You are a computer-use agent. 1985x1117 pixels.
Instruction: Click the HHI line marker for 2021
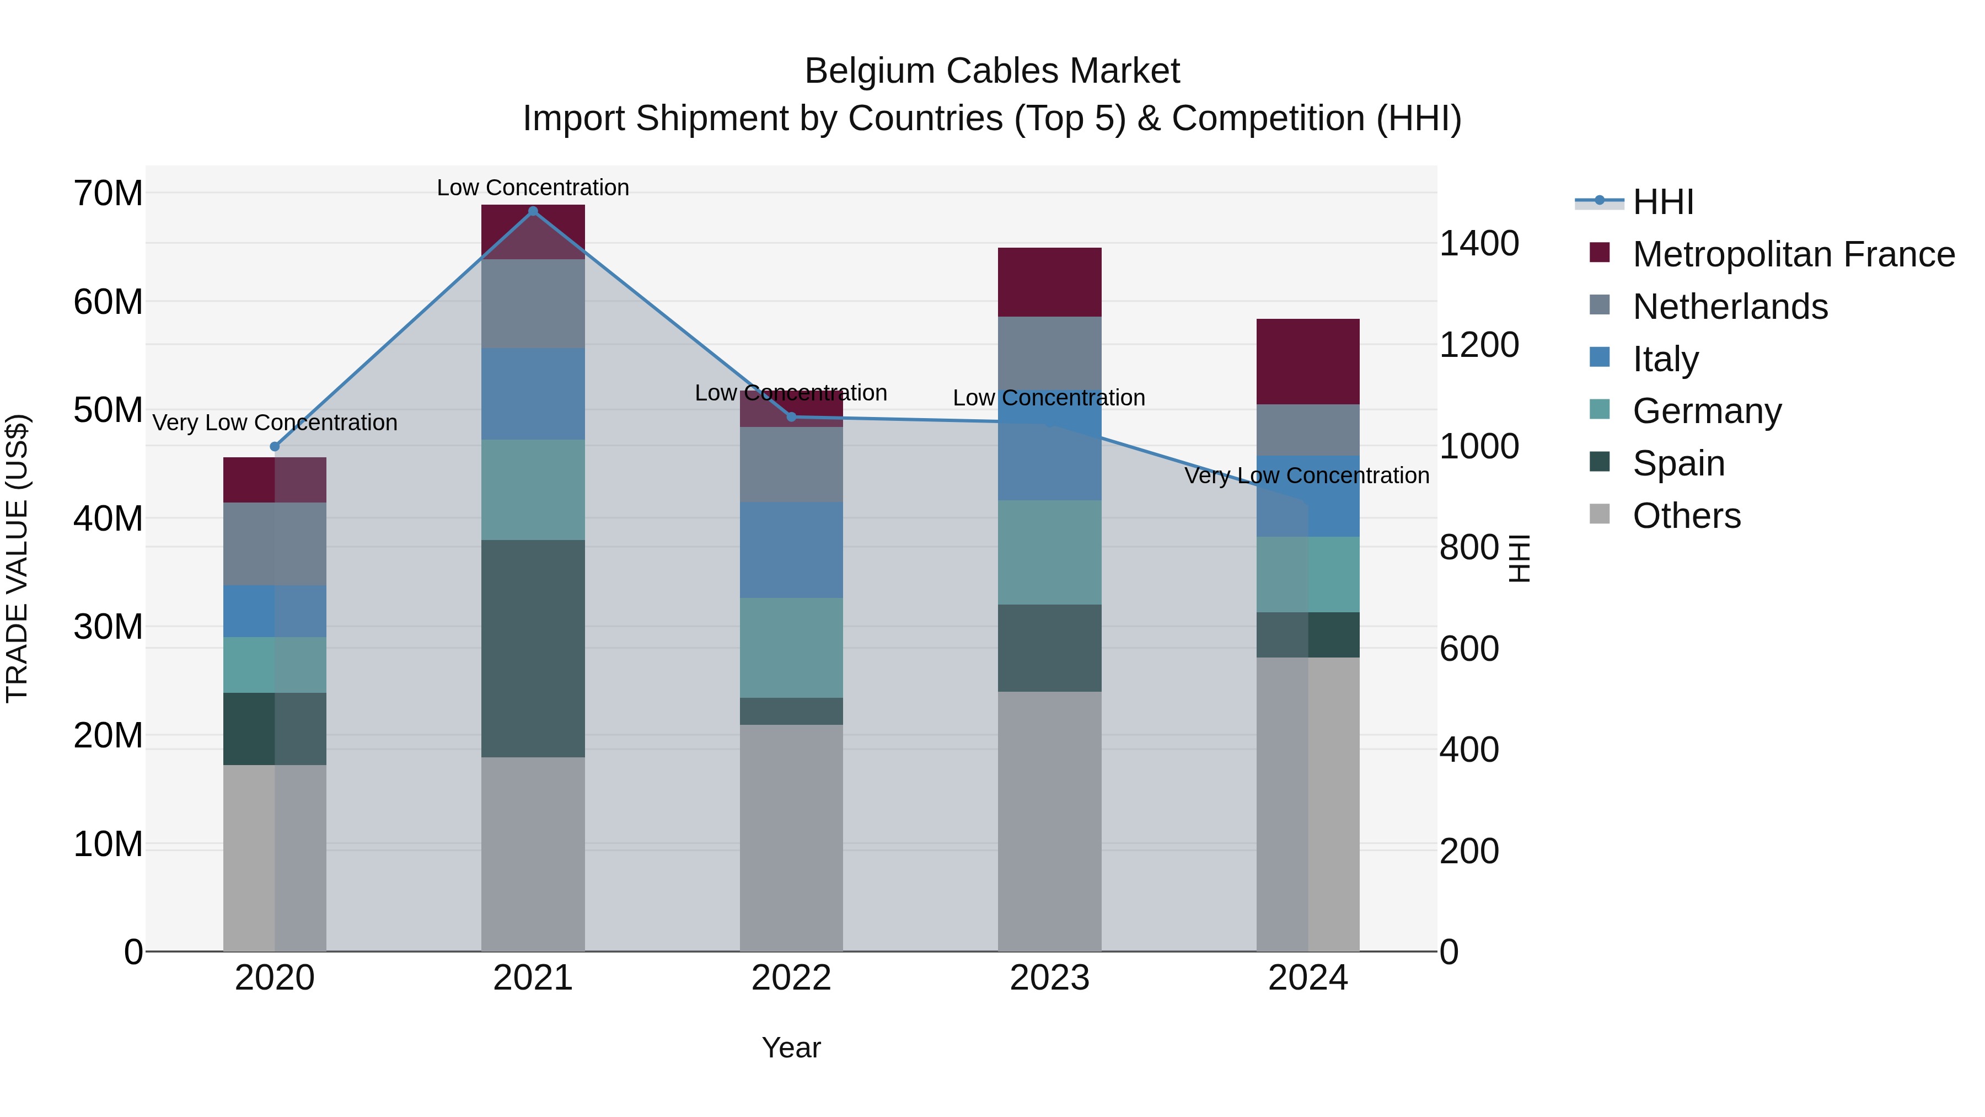533,211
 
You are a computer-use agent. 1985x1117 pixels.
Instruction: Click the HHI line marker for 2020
275,446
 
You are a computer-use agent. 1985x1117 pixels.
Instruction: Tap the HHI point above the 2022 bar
791,417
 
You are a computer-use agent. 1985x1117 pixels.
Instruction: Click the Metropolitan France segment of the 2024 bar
1308,361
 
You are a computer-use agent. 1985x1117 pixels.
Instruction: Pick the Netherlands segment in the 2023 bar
1049,355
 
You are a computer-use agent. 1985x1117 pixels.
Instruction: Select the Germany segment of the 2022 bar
791,648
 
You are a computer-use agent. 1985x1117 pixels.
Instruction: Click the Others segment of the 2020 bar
275,857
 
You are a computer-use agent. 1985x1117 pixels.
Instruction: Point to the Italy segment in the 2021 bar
533,393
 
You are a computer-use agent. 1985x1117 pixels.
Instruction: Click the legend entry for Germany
1706,411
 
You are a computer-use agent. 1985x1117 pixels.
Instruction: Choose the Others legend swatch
1600,514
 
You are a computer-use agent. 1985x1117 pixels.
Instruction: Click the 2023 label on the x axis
1049,978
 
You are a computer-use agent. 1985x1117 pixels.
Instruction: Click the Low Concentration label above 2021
533,188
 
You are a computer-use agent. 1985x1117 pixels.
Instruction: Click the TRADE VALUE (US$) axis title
17,558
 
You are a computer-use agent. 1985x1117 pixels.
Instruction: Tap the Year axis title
791,1047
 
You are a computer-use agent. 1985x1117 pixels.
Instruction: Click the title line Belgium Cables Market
992,71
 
